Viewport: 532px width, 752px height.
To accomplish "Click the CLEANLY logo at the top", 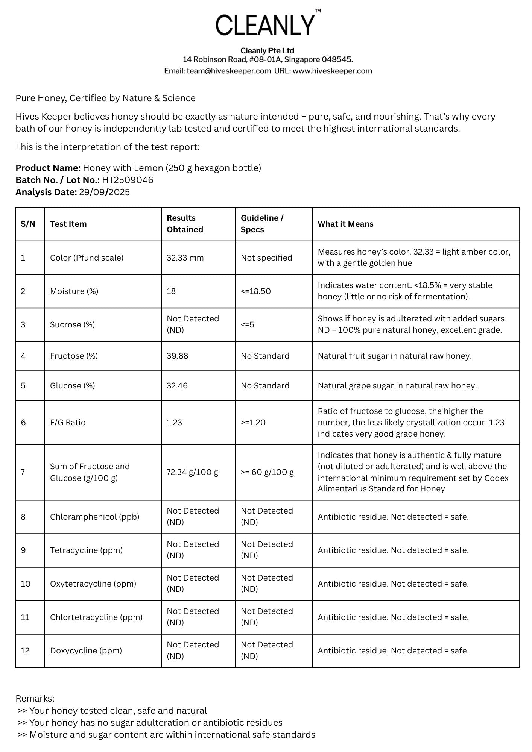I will coord(265,25).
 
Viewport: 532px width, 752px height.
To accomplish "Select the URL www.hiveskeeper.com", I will coord(332,71).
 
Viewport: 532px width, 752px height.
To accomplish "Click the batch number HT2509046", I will coord(128,180).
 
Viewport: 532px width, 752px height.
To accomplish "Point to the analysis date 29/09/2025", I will coord(104,192).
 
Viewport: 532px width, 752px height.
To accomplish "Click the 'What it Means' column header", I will coord(345,224).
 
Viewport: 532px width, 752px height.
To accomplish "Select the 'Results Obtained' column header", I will coord(185,224).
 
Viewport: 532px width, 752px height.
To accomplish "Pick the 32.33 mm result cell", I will coord(185,258).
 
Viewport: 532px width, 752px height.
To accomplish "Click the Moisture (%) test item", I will coord(74,291).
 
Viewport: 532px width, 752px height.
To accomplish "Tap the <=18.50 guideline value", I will coord(256,291).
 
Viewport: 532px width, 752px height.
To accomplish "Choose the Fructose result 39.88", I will coord(177,356).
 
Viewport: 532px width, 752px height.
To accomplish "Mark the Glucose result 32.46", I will coord(177,386).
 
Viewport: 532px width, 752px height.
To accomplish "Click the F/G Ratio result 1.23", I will coord(174,423).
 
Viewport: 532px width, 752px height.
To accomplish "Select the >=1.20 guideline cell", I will coord(253,423).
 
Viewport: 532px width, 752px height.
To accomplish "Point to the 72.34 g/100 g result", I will coord(192,472).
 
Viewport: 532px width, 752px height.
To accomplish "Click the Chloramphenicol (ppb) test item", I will coord(94,517).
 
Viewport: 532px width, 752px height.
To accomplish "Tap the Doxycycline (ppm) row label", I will coord(86,651).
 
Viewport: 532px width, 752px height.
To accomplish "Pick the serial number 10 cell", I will coord(26,584).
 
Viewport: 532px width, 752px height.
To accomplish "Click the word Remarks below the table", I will coord(35,699).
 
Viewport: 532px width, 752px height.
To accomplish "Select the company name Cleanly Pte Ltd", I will coord(267,51).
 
